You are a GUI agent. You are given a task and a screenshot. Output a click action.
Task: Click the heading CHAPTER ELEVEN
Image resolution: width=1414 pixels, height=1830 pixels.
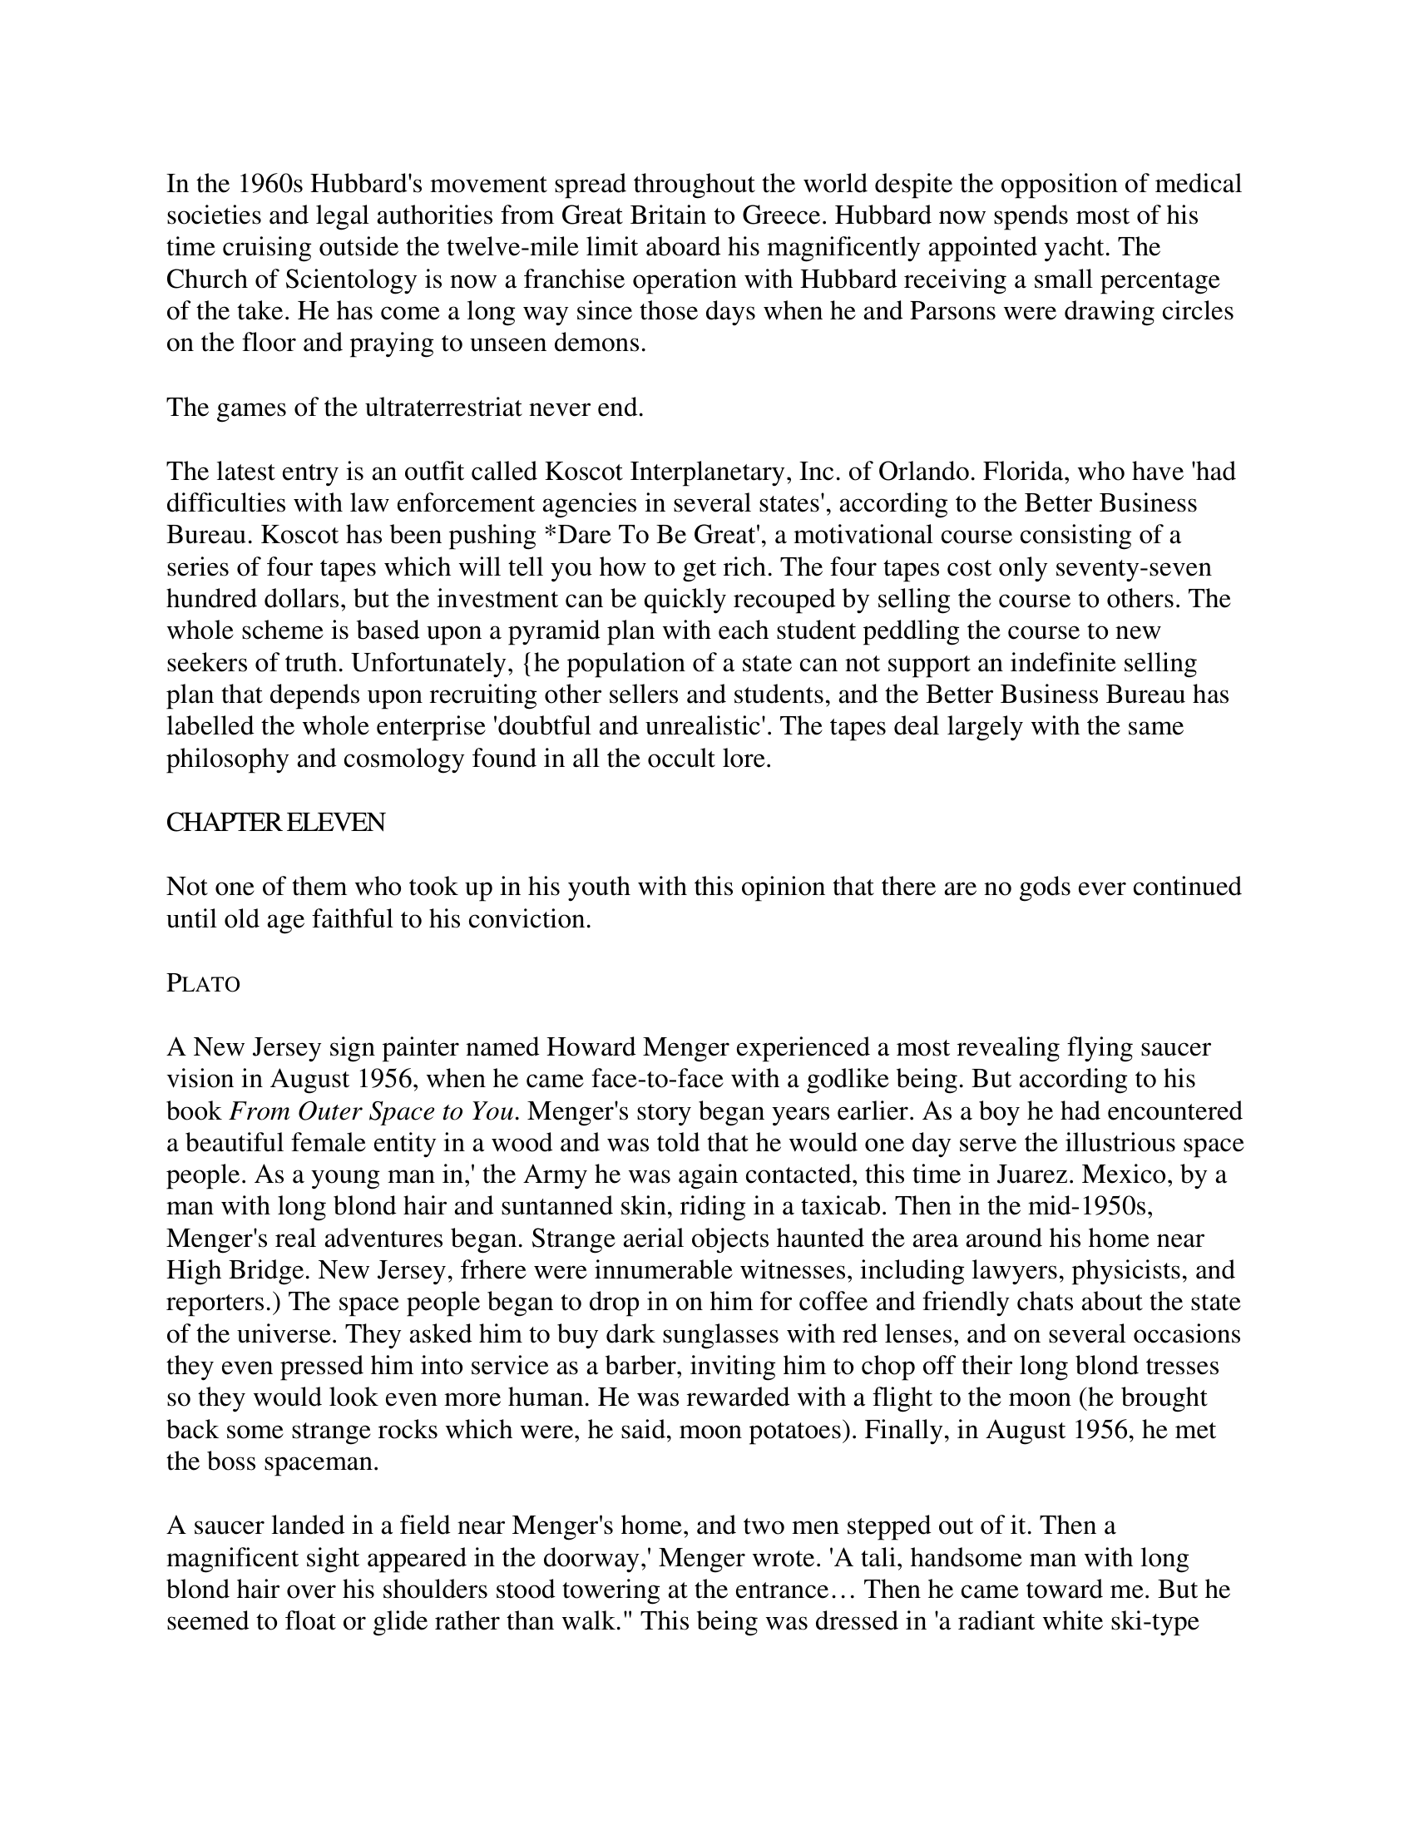[x=275, y=823]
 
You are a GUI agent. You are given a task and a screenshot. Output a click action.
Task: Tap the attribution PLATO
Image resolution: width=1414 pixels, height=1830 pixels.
[x=204, y=984]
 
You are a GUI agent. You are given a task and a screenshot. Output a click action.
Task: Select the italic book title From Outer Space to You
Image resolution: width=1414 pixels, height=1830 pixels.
[x=371, y=1111]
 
